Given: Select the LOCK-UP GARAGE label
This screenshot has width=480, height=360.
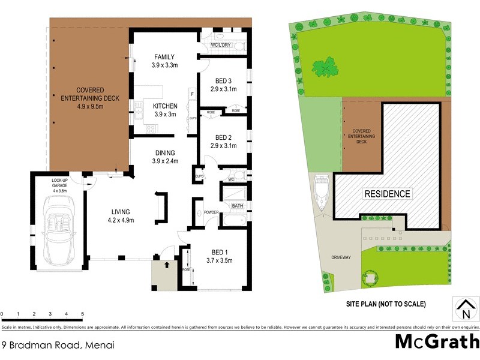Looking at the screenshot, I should pos(59,182).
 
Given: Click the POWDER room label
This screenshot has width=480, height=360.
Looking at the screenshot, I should pos(211,212).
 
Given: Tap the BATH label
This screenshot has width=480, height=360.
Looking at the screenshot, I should pos(237,206).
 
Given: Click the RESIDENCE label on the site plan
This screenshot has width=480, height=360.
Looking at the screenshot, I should pos(388,194).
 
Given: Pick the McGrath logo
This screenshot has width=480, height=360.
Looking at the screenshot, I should pos(436,341).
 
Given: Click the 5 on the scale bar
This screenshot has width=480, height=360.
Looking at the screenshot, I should pos(82,314).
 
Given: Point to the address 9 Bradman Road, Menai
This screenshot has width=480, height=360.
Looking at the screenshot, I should pos(58,345).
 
